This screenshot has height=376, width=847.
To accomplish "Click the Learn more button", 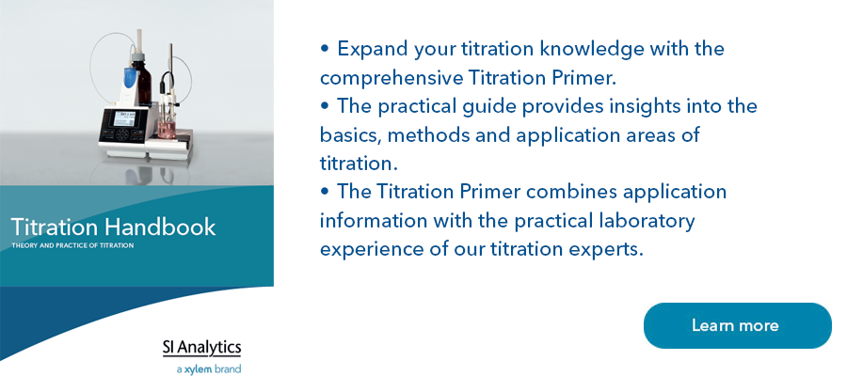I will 737,325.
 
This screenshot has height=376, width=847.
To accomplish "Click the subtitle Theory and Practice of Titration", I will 72,246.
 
